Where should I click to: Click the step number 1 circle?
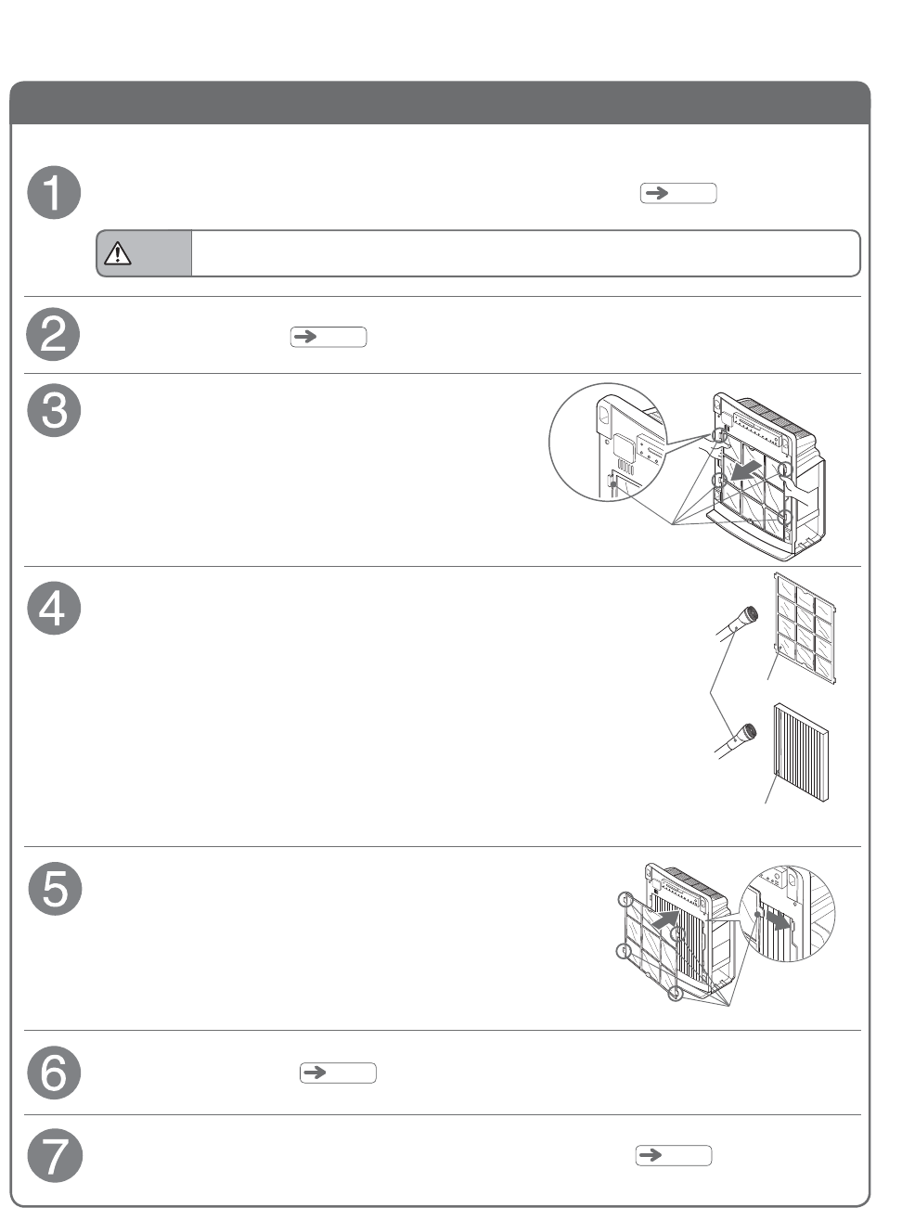[x=54, y=193]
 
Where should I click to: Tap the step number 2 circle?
[x=54, y=335]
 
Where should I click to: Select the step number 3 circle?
[x=54, y=410]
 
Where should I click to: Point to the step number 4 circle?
[x=54, y=609]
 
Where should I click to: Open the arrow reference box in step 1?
[x=678, y=193]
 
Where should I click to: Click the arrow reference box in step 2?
[x=329, y=337]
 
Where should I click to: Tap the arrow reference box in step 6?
[x=338, y=1073]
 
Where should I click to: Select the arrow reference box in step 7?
[x=674, y=1155]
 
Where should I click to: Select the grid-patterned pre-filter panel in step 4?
[x=805, y=628]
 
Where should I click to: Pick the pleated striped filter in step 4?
[x=801, y=752]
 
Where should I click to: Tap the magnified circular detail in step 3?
[x=607, y=443]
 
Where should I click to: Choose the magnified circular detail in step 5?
[x=788, y=913]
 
